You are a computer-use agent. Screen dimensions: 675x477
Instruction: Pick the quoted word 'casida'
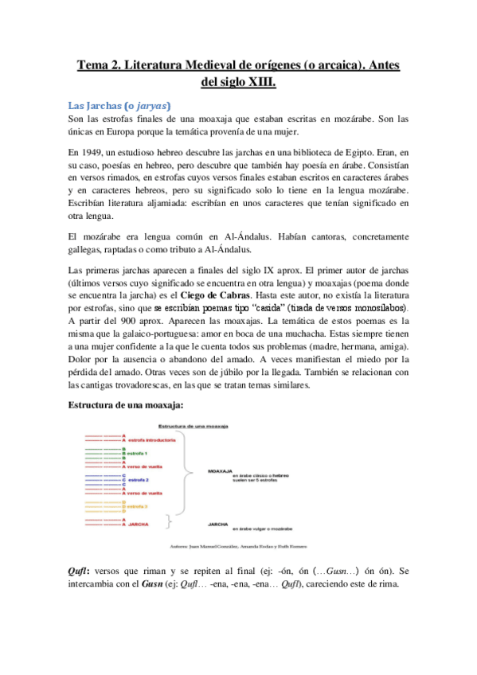[x=281, y=306]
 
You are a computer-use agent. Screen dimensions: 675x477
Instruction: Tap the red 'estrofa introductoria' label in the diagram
[x=151, y=440]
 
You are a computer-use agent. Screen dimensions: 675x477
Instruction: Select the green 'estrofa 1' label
[x=139, y=454]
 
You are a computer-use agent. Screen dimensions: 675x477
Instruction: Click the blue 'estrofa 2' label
[x=139, y=481]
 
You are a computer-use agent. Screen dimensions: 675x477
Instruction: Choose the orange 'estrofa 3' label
[x=139, y=506]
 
